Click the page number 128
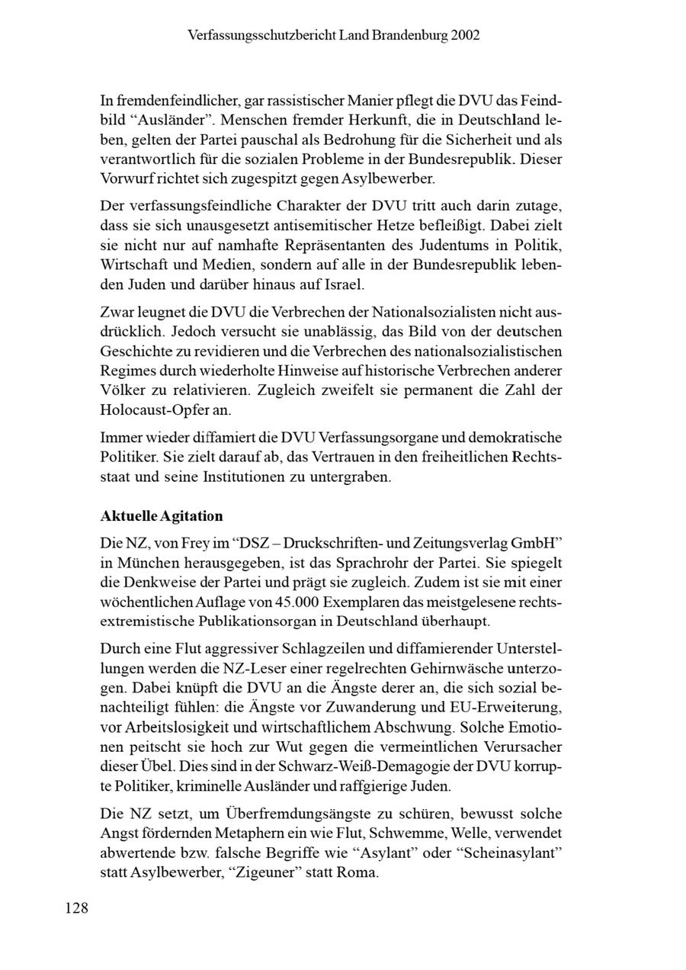[x=76, y=907]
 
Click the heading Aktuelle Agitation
[x=162, y=516]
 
